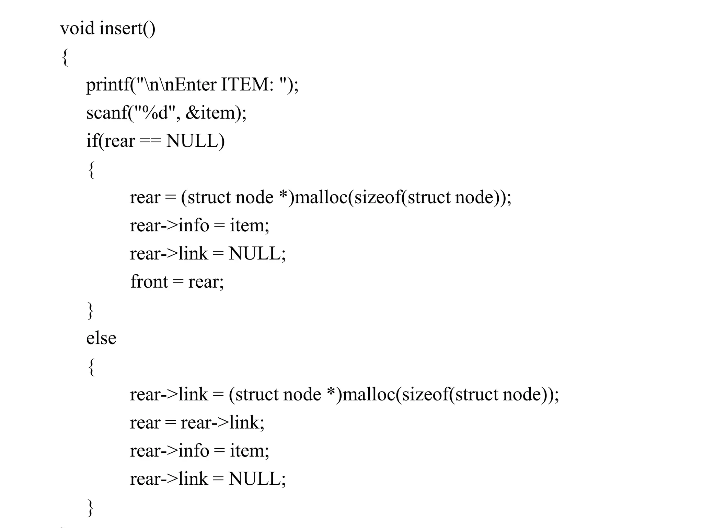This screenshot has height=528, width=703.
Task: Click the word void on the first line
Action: tap(77, 28)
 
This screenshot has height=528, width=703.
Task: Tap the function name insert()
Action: tap(127, 28)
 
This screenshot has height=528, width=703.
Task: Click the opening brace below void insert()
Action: tap(65, 57)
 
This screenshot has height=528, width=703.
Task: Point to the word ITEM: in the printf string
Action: tap(247, 85)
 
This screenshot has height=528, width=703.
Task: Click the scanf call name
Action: tap(107, 113)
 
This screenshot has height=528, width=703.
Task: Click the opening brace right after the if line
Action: tap(91, 170)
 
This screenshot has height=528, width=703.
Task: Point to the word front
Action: tap(149, 282)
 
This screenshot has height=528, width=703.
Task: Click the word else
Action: tap(101, 339)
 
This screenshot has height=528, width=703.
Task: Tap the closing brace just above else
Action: tap(91, 310)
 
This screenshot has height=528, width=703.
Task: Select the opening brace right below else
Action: tap(91, 367)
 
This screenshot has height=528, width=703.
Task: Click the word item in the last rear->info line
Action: tap(246, 451)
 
